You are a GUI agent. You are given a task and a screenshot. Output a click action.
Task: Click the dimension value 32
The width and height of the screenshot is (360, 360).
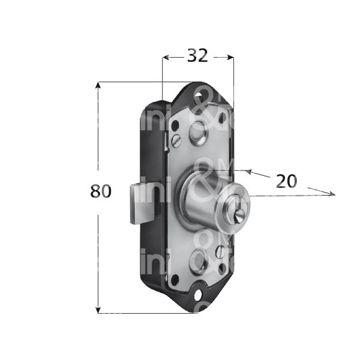coord(197,56)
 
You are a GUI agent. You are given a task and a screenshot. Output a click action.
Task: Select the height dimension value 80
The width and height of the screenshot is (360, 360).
coord(101,191)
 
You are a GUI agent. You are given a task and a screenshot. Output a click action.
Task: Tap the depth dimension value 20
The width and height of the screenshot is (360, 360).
coord(286,181)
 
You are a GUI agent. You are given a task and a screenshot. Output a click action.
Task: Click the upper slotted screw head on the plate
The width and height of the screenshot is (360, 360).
coord(176,141)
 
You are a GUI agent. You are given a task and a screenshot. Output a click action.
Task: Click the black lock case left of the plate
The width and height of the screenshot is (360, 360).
coord(151,156)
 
